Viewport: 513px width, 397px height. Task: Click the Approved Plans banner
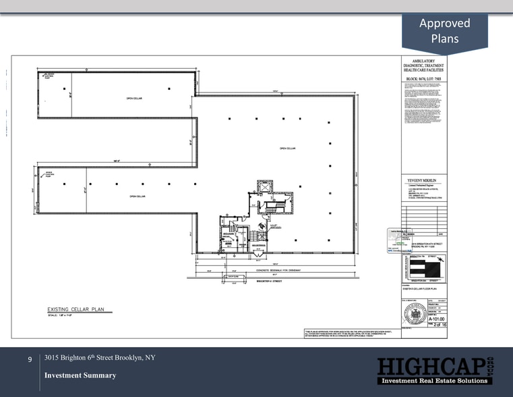(444, 31)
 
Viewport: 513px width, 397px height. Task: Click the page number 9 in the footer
(30, 361)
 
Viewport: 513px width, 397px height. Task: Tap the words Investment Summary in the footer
(80, 375)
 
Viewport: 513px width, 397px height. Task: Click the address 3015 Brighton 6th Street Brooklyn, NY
(100, 357)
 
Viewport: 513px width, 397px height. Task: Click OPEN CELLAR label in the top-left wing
(133, 98)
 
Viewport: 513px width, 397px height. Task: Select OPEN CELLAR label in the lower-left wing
(138, 196)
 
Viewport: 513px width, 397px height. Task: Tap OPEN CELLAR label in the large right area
(288, 147)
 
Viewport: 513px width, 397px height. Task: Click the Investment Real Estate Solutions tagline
(433, 381)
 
